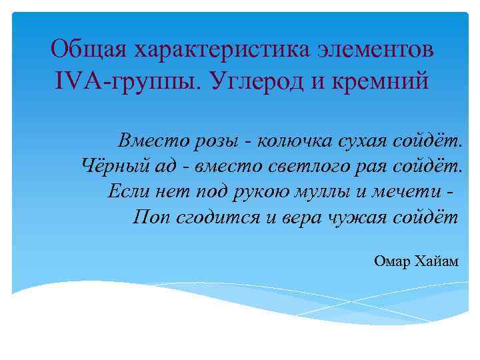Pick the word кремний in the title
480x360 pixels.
[x=383, y=83]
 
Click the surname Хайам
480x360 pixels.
[x=439, y=261]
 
